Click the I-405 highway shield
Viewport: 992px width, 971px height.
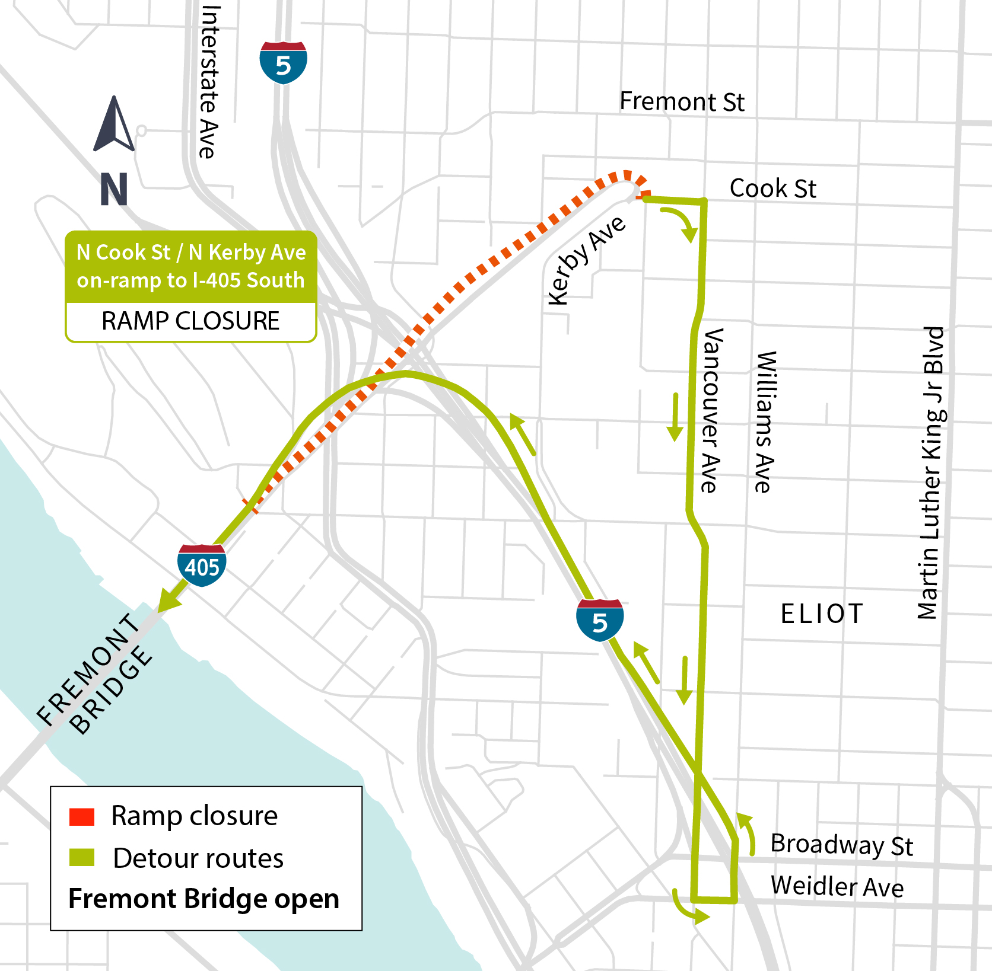[202, 565]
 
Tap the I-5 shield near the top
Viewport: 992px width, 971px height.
[283, 63]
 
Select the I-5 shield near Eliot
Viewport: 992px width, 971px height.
[600, 621]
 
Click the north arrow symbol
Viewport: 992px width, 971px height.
[114, 125]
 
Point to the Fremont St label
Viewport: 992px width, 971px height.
[682, 101]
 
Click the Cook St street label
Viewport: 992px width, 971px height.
[772, 189]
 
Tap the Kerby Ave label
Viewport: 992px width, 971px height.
[585, 260]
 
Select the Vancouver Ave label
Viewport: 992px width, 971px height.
[711, 410]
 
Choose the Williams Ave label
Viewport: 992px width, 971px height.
[765, 421]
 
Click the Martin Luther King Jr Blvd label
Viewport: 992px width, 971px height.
[930, 472]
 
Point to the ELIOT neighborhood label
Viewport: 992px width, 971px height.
[821, 614]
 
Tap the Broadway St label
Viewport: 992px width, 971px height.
[841, 845]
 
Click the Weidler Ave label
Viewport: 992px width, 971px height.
[837, 887]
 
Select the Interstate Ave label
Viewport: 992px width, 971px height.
[209, 82]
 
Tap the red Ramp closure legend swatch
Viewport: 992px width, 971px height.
[82, 817]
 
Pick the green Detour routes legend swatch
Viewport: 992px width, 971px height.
[82, 858]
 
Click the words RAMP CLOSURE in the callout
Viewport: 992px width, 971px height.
[190, 321]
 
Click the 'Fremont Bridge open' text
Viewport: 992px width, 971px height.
[204, 899]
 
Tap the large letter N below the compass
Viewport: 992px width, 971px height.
[114, 189]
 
